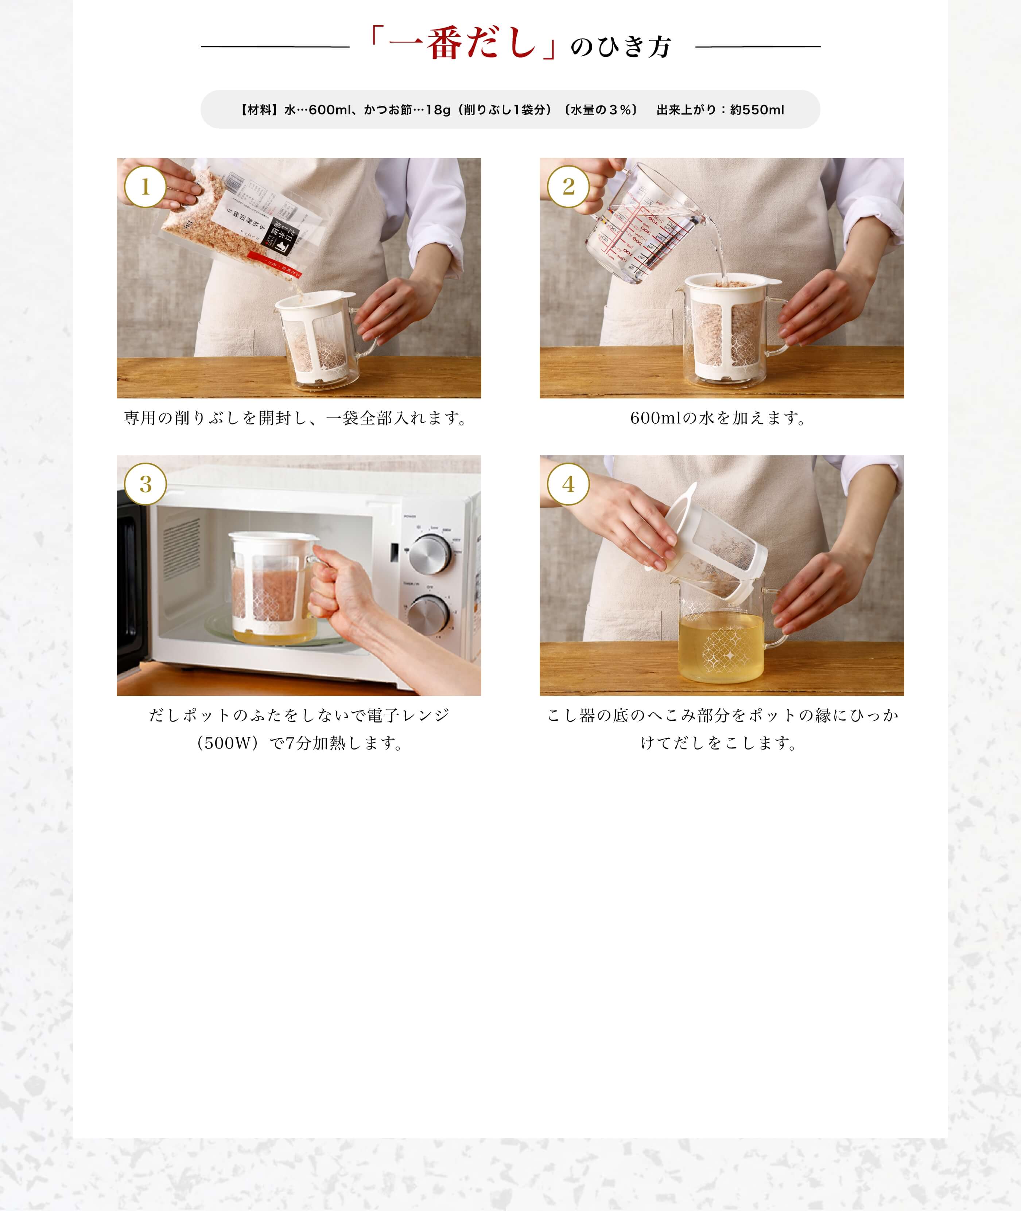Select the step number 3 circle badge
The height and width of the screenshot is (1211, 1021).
145,484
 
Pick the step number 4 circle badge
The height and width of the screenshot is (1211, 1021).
568,484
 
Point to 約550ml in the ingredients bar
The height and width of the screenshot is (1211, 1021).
757,110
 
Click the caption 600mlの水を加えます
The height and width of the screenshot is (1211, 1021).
718,418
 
